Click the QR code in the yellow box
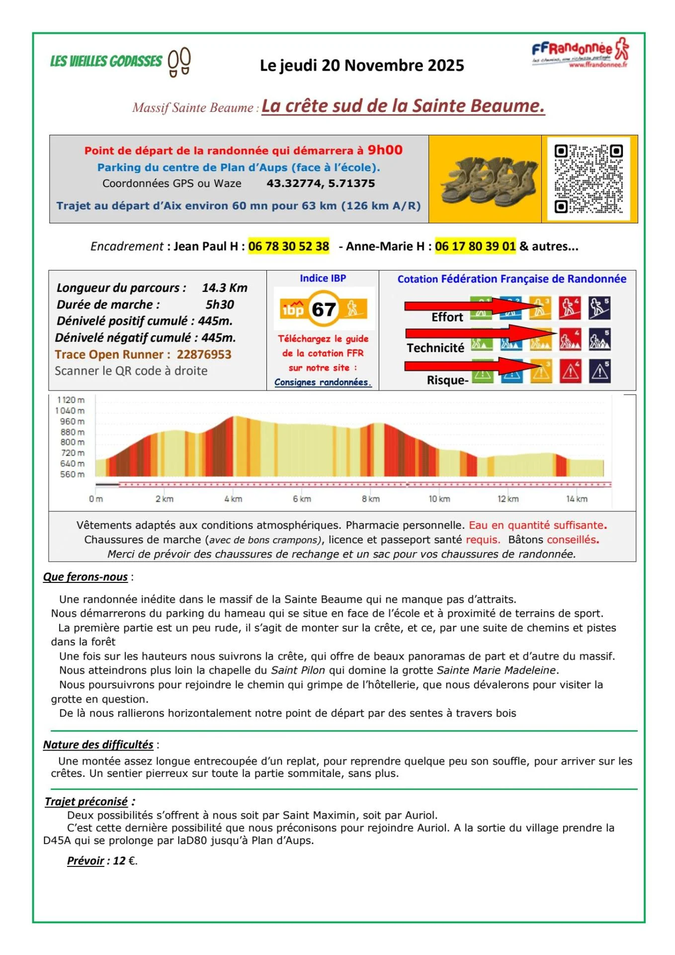coord(589,179)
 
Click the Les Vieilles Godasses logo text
coord(106,61)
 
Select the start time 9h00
coord(385,150)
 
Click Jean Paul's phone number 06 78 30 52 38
coord(289,246)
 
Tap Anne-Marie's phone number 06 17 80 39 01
coord(475,246)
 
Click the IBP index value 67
coord(324,309)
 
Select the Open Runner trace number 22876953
coord(204,355)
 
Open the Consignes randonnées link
coord(323,382)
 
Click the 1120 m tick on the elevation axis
coord(71,400)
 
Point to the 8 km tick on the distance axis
coord(370,499)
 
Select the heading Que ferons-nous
coord(85,577)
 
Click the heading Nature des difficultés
coord(98,745)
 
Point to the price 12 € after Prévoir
coord(125,861)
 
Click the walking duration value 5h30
coord(220,304)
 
